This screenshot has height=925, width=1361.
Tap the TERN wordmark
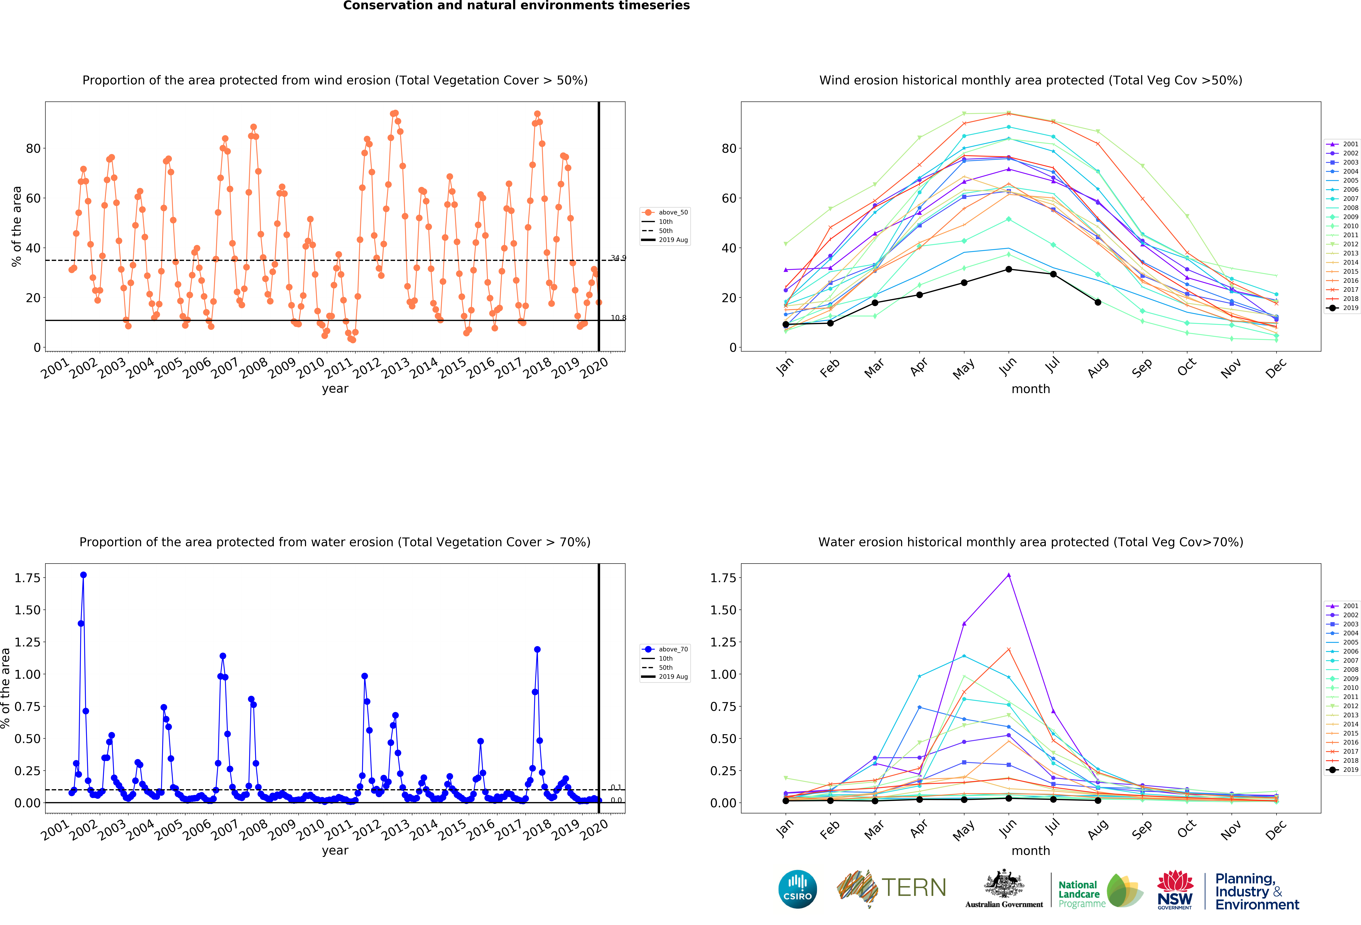[x=914, y=888]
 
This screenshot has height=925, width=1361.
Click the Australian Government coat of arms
[x=1004, y=884]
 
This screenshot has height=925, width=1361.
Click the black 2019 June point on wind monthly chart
[x=1008, y=269]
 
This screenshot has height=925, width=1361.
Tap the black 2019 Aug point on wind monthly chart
[x=1097, y=302]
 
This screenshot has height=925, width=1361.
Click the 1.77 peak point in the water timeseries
[x=83, y=575]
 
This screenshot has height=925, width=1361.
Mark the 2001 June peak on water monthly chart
[x=1008, y=575]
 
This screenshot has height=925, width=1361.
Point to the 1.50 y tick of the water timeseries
[x=28, y=610]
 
